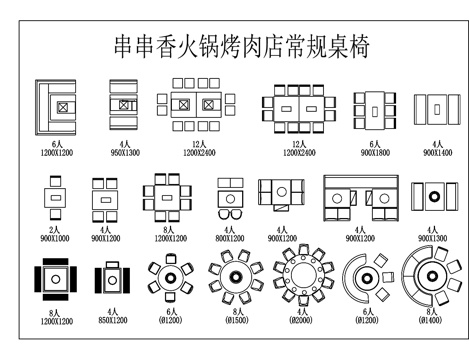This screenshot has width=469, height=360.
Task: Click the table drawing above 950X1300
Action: point(123,106)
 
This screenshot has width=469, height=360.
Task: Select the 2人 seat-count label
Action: point(55,229)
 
